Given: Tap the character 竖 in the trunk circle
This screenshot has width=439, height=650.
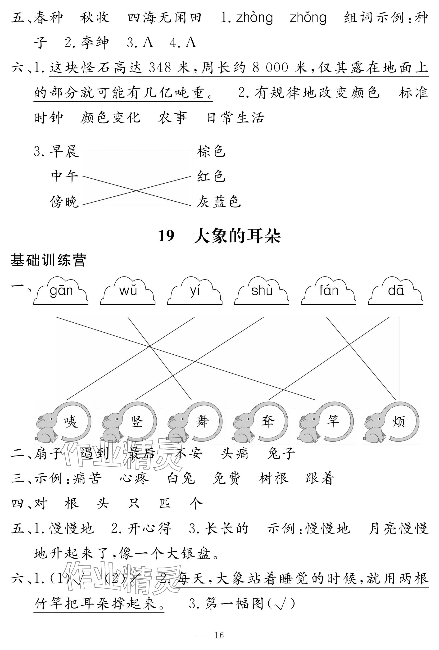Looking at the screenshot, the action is click(x=136, y=421).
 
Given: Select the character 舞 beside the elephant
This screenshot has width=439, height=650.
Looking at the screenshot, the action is click(x=202, y=421).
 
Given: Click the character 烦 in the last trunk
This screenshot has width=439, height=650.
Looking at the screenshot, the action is click(x=398, y=421).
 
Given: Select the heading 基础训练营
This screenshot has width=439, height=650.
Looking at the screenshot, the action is click(x=48, y=260).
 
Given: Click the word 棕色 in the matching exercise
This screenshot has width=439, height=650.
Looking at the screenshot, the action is click(x=211, y=151).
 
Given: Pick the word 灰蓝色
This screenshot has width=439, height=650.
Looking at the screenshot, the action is click(x=218, y=202).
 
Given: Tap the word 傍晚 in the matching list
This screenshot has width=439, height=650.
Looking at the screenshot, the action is click(x=64, y=202).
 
